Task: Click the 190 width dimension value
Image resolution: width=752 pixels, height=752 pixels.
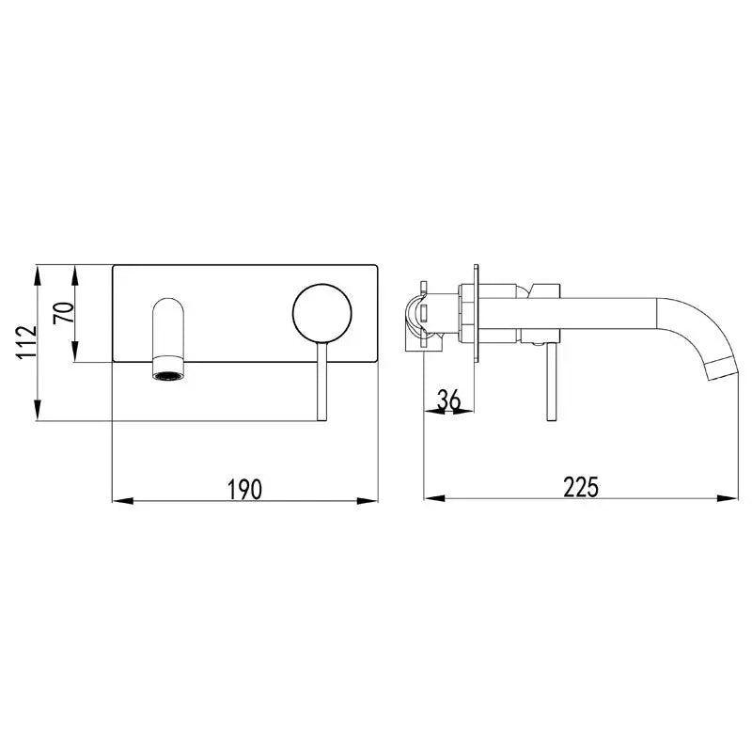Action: tap(244, 489)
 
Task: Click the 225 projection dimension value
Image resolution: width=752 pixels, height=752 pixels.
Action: tap(581, 487)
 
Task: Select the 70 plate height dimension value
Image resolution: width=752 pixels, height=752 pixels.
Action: tap(64, 313)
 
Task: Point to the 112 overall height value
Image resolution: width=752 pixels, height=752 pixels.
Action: tap(26, 342)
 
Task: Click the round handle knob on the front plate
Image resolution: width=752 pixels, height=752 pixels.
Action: tap(322, 314)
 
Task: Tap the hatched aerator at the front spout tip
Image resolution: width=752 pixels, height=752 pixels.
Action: tap(168, 375)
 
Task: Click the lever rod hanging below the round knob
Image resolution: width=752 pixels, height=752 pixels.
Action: tap(321, 382)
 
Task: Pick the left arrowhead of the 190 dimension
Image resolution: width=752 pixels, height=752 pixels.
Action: tap(122, 501)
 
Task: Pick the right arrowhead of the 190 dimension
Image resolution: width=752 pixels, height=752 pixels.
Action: tap(368, 501)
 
